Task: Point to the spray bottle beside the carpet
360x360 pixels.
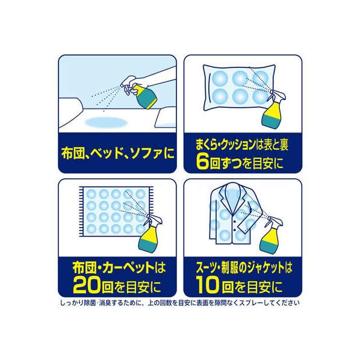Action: point(151,232)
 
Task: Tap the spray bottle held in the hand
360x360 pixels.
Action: point(142,94)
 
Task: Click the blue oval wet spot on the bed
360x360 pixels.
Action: point(106,122)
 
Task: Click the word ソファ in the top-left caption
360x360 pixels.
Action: point(146,154)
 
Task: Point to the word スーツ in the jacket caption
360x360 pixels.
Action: point(205,268)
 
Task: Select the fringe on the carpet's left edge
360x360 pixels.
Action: point(81,211)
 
